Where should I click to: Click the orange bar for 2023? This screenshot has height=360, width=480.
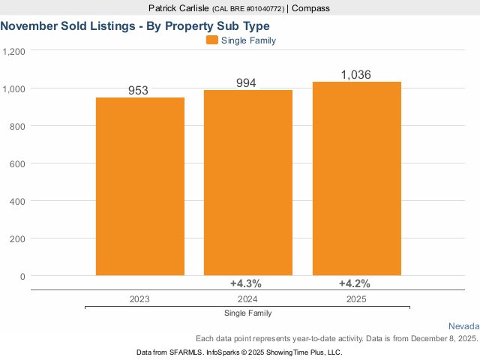point(140,187)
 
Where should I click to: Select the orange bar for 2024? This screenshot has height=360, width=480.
point(248,183)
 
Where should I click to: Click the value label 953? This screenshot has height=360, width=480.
point(138,91)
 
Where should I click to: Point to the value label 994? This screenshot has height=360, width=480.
point(246,82)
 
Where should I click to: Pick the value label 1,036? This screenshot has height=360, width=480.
point(355,74)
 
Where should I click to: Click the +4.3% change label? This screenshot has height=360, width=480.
point(245,283)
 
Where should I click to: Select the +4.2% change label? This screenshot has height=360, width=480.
point(354,283)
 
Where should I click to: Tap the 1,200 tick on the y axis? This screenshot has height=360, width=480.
point(14,51)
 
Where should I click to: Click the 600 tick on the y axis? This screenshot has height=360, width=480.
point(18,163)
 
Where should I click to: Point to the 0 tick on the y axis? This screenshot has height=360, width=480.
point(22,276)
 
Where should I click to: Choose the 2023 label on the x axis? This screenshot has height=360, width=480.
point(139,298)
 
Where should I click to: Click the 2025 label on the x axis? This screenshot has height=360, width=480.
point(356,298)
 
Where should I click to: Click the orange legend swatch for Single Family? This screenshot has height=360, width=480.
point(211,40)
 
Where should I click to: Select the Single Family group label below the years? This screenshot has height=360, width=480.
point(248,313)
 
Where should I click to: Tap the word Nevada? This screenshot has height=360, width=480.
point(463,326)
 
